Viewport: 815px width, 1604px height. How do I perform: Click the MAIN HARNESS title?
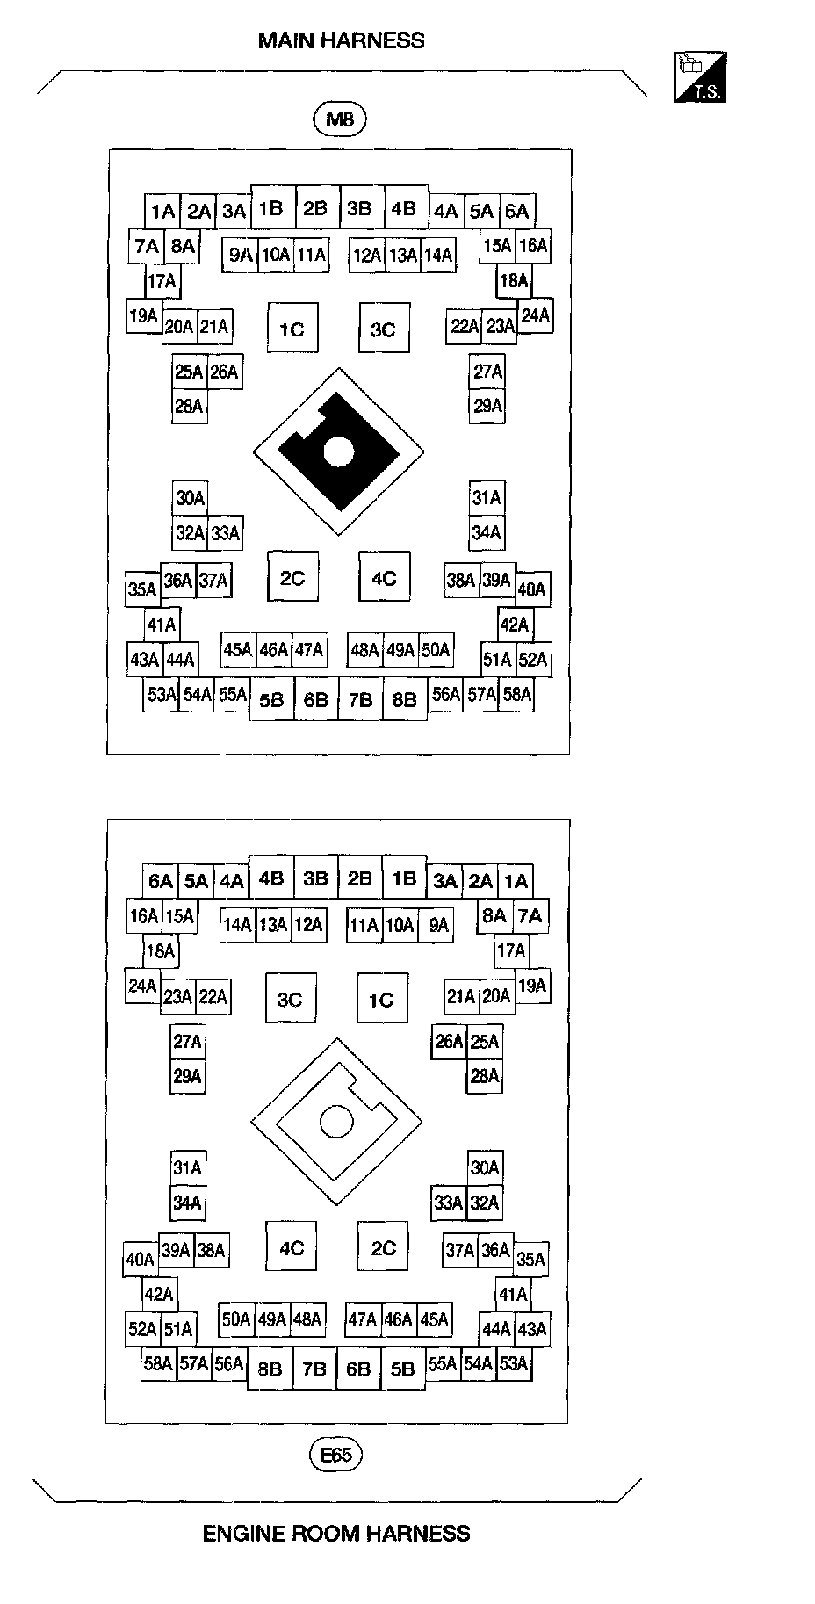tap(341, 40)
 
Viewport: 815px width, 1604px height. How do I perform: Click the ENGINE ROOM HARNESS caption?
tap(336, 1534)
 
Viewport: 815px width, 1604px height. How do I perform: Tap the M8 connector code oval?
tap(339, 119)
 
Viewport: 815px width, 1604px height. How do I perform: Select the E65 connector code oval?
tap(335, 1455)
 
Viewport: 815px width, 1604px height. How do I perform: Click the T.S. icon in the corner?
tap(700, 77)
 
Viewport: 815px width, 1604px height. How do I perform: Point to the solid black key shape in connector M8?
tap(337, 452)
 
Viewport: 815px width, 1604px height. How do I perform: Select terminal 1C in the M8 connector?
tap(292, 329)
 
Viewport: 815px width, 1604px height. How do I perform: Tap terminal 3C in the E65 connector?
tap(290, 1000)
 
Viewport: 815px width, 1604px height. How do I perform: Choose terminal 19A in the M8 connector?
tap(142, 316)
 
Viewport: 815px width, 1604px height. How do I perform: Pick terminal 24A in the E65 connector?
tap(142, 986)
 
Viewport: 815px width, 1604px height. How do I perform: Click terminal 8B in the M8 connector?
tap(404, 699)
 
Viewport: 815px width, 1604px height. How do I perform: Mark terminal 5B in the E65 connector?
tap(402, 1369)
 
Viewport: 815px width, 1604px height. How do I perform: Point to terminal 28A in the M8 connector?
tap(189, 406)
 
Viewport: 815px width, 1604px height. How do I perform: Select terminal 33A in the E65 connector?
tap(448, 1203)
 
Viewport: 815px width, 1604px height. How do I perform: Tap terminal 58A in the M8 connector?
tap(517, 694)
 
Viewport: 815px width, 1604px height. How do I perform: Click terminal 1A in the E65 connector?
tap(516, 881)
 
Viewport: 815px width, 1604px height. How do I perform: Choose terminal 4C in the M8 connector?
tap(384, 578)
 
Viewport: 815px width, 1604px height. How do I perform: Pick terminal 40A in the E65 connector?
tap(141, 1260)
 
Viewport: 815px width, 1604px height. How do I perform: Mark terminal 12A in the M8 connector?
tap(367, 255)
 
